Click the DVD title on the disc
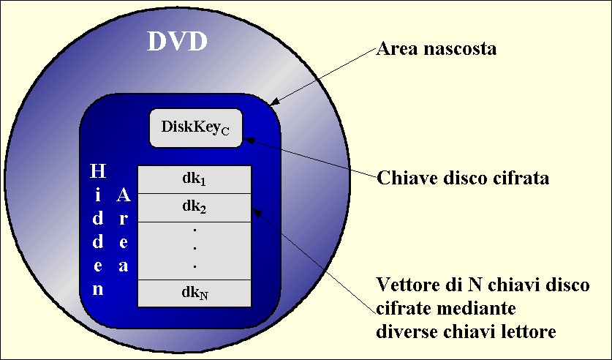(177, 41)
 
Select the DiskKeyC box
(196, 128)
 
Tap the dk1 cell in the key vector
(194, 179)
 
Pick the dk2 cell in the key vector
(194, 207)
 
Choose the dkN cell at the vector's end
(194, 293)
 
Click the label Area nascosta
(436, 49)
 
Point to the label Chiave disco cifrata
(463, 178)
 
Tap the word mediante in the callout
(476, 309)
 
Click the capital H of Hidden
(97, 171)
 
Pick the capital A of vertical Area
(124, 195)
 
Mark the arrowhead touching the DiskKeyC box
(249, 140)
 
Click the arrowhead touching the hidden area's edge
(274, 102)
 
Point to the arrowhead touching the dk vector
(256, 212)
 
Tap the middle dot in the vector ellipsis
(194, 248)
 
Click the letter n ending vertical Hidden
(97, 290)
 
